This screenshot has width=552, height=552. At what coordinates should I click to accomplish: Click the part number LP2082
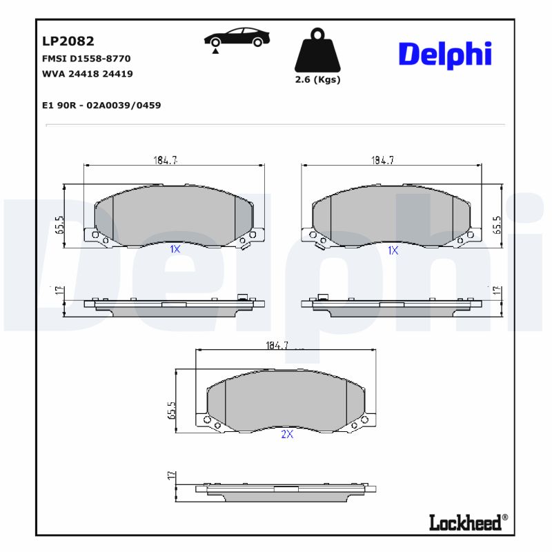point(68,41)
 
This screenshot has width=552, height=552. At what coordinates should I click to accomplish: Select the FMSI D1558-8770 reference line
point(87,59)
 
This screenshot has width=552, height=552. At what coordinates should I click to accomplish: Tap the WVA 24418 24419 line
point(88,73)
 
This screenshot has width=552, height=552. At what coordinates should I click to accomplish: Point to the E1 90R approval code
point(101,105)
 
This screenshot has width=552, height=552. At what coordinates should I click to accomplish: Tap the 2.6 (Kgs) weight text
point(317,79)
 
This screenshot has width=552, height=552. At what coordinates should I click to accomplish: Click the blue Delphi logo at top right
point(445,54)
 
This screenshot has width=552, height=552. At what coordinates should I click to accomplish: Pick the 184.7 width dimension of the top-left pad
point(166,160)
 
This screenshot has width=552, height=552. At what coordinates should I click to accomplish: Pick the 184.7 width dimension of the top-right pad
point(382,160)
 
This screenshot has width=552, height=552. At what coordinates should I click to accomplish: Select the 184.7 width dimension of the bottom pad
point(277,345)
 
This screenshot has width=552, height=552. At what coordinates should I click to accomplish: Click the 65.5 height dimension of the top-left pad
point(60,225)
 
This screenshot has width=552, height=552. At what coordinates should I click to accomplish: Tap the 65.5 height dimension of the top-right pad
point(496,225)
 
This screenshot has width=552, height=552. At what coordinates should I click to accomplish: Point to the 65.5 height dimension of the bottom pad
point(172,411)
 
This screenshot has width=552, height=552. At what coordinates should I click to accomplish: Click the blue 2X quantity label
point(287,434)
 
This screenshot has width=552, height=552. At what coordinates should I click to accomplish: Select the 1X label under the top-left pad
point(175,250)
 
